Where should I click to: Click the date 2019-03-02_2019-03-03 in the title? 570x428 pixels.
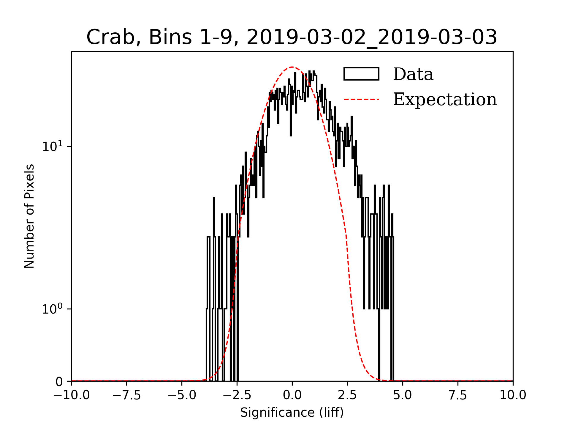[372, 38]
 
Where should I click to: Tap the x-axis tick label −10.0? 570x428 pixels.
[72, 395]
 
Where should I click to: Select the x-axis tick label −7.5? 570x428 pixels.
[127, 395]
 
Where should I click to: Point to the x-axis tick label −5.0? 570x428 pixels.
[182, 395]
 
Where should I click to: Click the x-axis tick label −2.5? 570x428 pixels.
[237, 395]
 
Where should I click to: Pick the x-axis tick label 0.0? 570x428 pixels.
[292, 395]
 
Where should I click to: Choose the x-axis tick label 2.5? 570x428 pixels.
[348, 395]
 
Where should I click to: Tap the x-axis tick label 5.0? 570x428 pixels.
[403, 395]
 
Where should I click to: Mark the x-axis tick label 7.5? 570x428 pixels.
[458, 395]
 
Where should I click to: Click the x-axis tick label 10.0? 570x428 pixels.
[513, 395]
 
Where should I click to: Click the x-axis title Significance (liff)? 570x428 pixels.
[292, 413]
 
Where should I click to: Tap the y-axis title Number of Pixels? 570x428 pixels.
[29, 216]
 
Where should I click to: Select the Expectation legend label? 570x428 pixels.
[445, 99]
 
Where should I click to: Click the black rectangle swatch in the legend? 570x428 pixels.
[361, 74]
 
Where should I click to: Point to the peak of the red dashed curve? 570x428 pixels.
[292, 67]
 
